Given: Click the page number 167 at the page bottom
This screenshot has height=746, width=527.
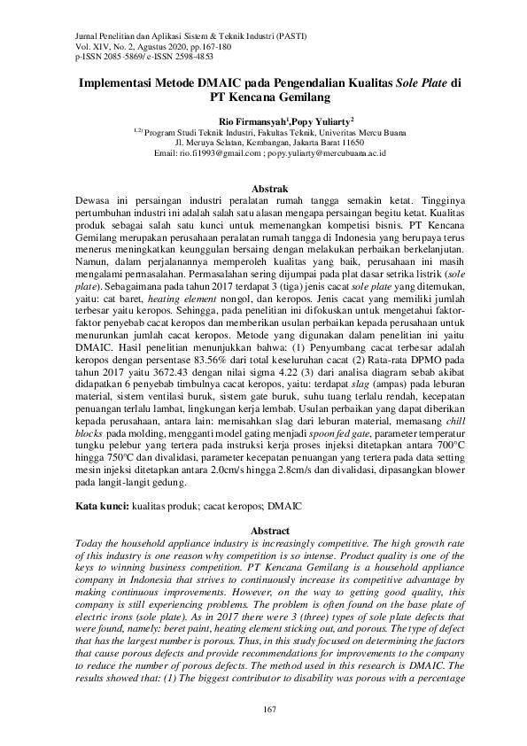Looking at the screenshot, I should tap(264, 710).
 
